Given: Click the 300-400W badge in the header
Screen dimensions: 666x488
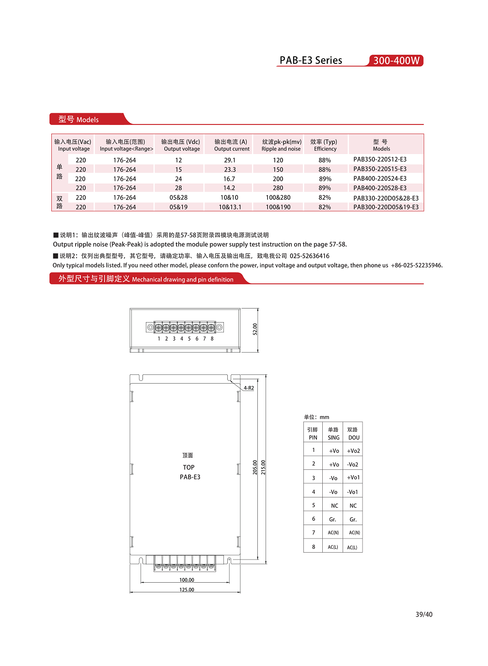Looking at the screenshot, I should pyautogui.click(x=396, y=61).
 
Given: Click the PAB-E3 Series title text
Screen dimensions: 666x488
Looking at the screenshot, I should pyautogui.click(x=311, y=61).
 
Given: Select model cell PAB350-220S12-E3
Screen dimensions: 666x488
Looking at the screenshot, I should pyautogui.click(x=380, y=159).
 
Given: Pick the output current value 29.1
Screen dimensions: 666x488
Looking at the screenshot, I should pyautogui.click(x=230, y=160).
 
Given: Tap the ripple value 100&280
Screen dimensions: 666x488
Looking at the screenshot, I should pyautogui.click(x=278, y=198).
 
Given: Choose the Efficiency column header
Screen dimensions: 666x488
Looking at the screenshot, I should pyautogui.click(x=324, y=145).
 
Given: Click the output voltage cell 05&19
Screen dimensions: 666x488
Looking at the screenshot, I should pyautogui.click(x=178, y=207).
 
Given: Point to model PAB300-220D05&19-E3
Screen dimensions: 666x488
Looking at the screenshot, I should pyautogui.click(x=386, y=207).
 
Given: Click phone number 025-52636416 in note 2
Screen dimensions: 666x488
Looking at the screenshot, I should pyautogui.click(x=309, y=256).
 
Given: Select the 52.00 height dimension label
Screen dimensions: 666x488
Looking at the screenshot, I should pyautogui.click(x=255, y=329).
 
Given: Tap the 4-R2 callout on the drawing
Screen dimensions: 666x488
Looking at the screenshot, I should pyautogui.click(x=249, y=388).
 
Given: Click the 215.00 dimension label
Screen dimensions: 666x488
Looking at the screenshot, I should pyautogui.click(x=263, y=467).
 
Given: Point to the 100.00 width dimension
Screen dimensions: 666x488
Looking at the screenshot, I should pyautogui.click(x=187, y=580).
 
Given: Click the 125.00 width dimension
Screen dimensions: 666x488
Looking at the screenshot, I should pyautogui.click(x=187, y=589).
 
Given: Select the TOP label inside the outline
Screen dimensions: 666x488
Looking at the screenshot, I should pyautogui.click(x=189, y=467).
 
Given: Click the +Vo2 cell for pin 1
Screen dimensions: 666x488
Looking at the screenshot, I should pyautogui.click(x=353, y=451).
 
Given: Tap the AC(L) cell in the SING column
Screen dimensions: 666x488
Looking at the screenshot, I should pyautogui.click(x=333, y=547).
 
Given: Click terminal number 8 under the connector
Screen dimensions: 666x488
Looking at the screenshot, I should pyautogui.click(x=212, y=339).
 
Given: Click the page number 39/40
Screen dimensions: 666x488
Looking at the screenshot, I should pyautogui.click(x=424, y=614).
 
